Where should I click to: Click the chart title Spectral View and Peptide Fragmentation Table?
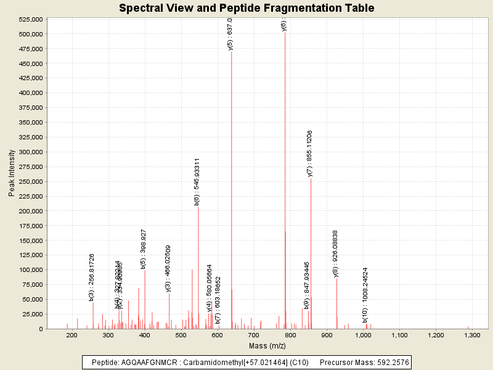point(246,8)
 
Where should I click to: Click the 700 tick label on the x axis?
point(254,335)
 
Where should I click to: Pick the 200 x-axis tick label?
point(71,335)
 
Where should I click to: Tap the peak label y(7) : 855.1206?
point(309,154)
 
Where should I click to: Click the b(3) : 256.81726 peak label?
point(92,277)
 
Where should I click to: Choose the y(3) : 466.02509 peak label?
point(168,268)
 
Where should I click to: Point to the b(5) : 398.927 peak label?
point(144,250)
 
